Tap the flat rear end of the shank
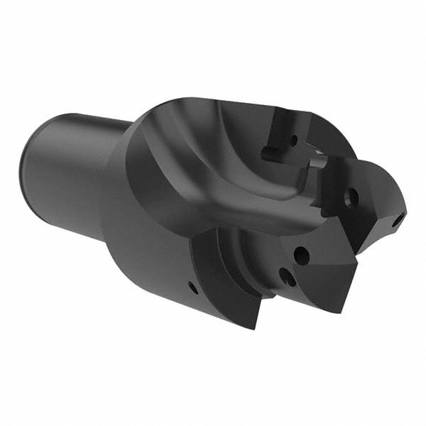[x=32, y=170]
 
